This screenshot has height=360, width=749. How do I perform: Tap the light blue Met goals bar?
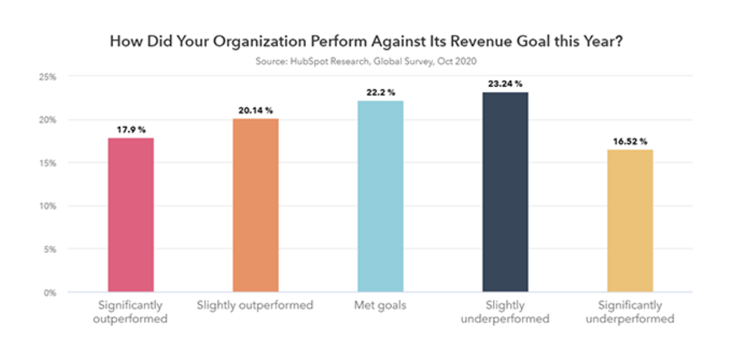point(380,196)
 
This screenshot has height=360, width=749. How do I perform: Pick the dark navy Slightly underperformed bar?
point(505,192)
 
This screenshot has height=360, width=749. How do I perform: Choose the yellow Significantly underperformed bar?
point(630,220)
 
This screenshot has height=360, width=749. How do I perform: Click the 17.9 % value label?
point(131,130)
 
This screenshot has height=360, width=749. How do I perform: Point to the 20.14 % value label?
point(256,111)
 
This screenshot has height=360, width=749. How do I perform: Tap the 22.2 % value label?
point(380,93)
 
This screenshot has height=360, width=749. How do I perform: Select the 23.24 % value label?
point(505,84)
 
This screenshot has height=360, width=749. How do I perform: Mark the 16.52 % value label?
point(630,142)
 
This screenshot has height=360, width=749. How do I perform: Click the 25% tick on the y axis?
point(48,77)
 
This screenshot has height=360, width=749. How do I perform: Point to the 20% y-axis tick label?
point(48,120)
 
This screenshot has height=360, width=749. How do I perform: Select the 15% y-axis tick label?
point(48,163)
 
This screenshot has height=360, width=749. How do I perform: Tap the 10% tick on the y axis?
point(48,206)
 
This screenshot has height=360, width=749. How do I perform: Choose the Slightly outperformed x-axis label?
point(255,306)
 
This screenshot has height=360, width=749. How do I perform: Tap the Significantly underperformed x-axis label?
point(630,312)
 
